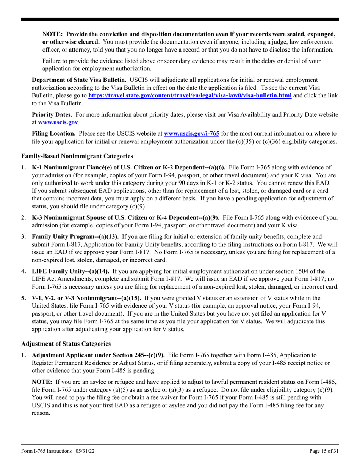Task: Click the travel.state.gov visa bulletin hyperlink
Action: [190, 95]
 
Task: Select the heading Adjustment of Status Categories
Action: [66, 344]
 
